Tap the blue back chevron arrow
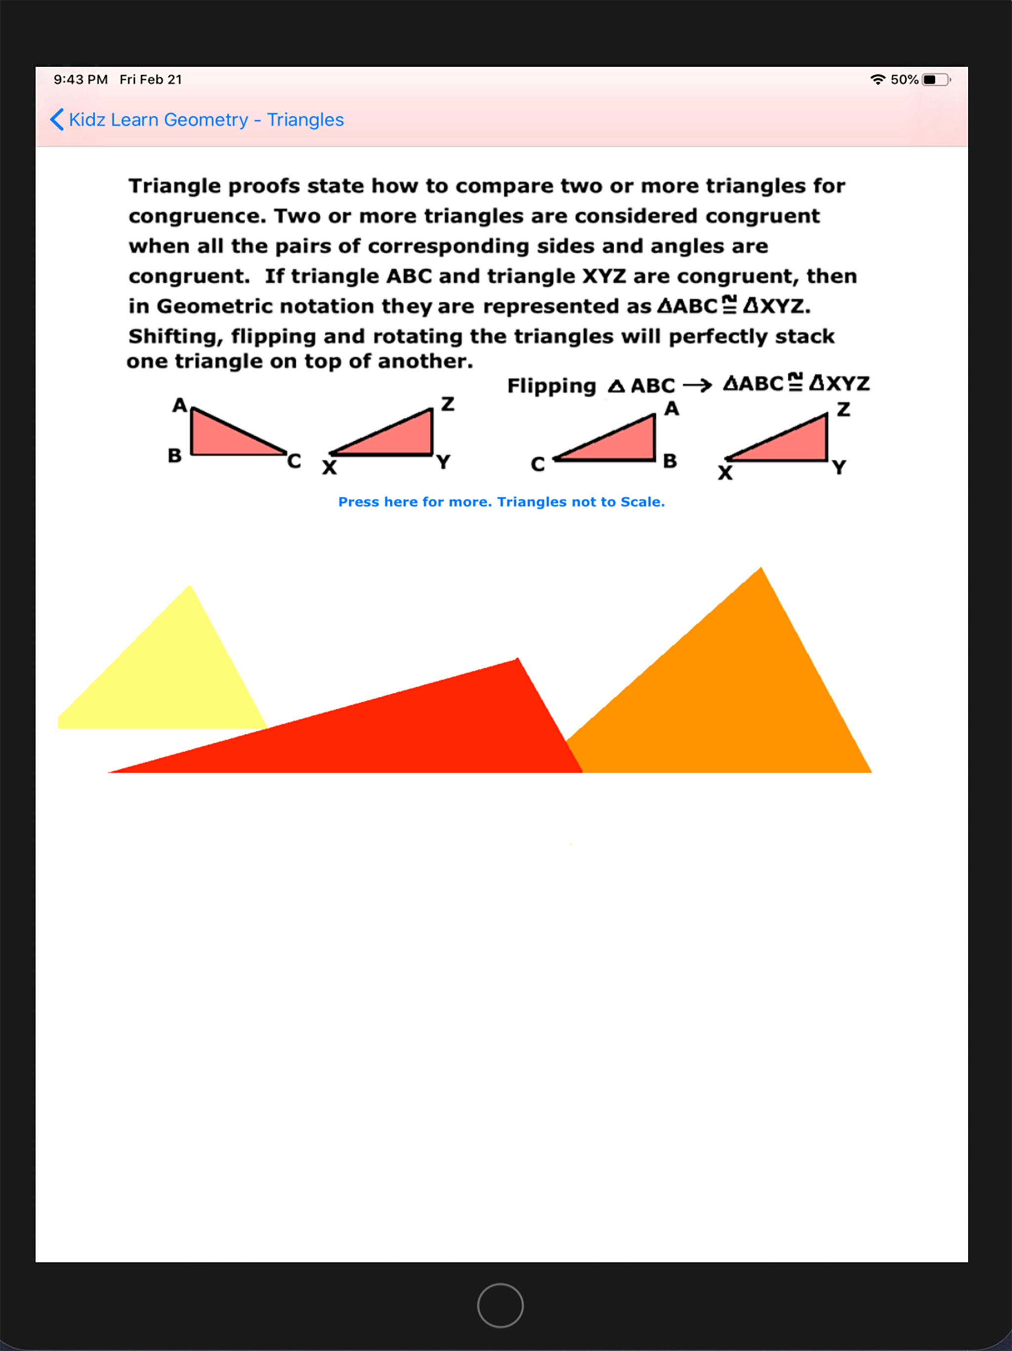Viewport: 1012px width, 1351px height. pos(57,120)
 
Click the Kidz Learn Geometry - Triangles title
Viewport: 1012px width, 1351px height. pos(207,120)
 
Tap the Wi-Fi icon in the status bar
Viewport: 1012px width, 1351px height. pos(877,80)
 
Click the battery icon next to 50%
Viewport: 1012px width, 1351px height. pos(936,80)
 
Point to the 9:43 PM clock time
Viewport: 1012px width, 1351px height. pos(81,80)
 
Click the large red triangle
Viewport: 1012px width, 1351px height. pos(427,727)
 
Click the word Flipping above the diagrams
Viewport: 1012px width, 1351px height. pos(551,386)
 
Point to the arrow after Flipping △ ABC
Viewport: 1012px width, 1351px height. pos(697,385)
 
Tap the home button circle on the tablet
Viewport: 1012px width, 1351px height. pos(500,1305)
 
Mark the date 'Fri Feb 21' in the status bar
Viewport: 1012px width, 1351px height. pos(151,80)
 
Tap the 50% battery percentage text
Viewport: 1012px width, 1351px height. pos(904,80)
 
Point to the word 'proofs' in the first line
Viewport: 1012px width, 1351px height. pos(264,185)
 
